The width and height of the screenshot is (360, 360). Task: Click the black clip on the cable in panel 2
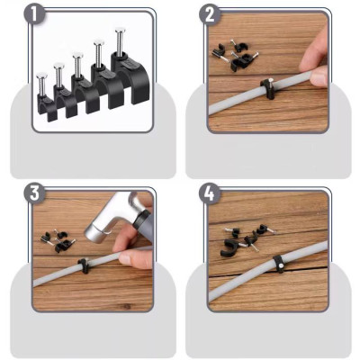[x=266, y=86]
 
